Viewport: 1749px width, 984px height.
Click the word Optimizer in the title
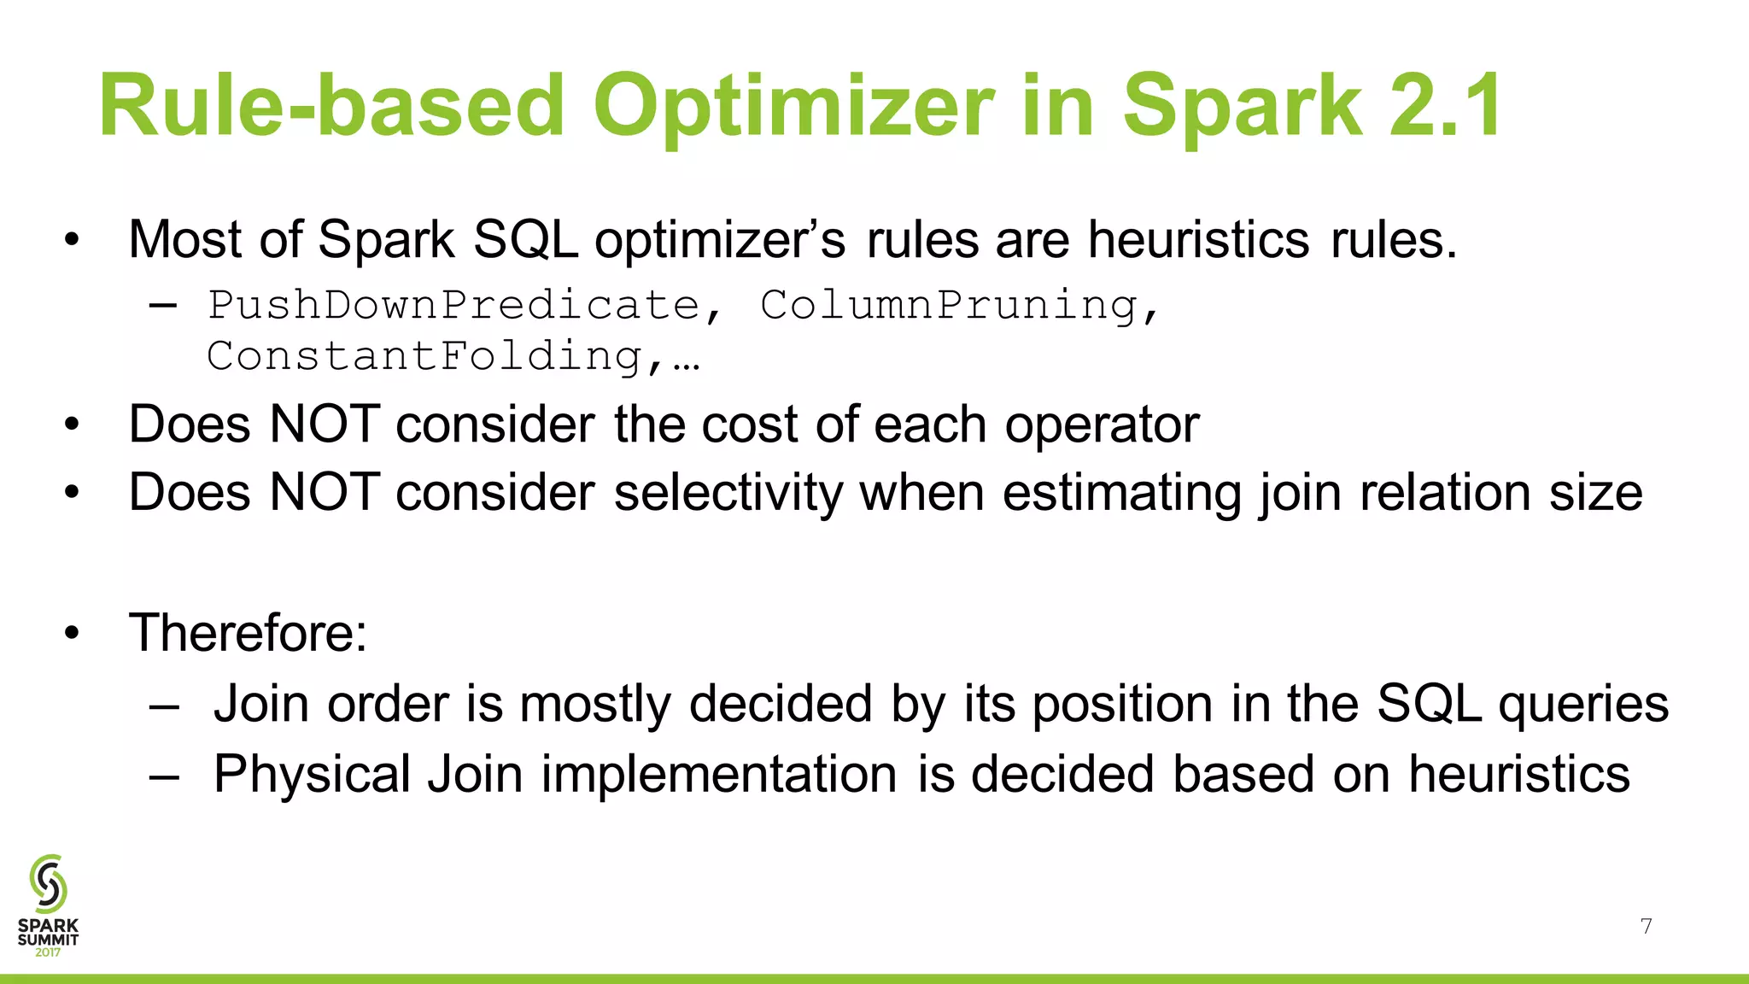(x=793, y=106)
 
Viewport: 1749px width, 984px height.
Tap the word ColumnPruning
(x=950, y=306)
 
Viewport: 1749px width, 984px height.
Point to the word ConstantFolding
(x=425, y=356)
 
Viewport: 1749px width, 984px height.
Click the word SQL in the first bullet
(x=524, y=239)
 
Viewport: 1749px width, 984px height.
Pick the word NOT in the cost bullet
(x=325, y=424)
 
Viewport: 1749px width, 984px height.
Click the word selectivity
(x=728, y=493)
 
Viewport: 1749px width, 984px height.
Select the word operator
(x=1102, y=424)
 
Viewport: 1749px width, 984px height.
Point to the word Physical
(x=312, y=775)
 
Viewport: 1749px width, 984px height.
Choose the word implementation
(x=719, y=775)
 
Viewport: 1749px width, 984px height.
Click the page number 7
(x=1646, y=927)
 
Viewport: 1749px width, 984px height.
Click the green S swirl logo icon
(x=48, y=883)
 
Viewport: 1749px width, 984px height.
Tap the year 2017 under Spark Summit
(x=48, y=952)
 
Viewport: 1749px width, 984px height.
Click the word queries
(x=1583, y=705)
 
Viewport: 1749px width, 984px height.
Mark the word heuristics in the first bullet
(x=1198, y=239)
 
